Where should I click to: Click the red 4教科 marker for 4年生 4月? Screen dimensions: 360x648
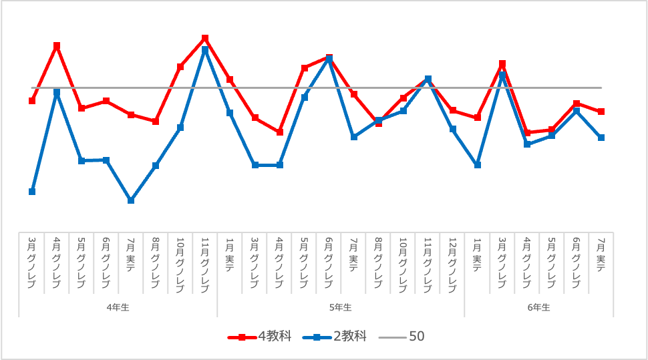(57, 45)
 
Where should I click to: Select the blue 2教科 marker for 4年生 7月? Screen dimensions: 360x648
(131, 200)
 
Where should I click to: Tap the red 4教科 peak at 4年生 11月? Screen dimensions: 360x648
(205, 38)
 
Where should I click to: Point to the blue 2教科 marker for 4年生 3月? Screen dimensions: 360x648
(32, 192)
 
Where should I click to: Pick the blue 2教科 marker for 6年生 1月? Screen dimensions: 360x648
(478, 165)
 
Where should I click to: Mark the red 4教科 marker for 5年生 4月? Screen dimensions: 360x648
(280, 132)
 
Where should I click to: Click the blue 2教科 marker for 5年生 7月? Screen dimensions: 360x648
(354, 137)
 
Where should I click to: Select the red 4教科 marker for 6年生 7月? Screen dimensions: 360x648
(601, 112)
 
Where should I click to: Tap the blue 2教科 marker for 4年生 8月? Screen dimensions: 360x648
(156, 166)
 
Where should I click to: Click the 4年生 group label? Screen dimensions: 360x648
(118, 308)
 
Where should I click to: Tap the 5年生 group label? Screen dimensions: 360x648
(341, 308)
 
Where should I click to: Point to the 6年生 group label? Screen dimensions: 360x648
(538, 308)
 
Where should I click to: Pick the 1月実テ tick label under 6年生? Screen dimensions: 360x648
(478, 254)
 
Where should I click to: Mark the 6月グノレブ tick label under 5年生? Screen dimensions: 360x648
(329, 262)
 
